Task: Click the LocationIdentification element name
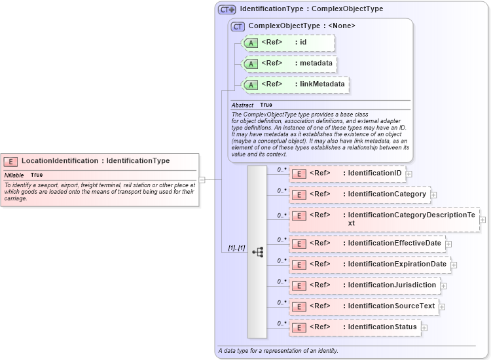coord(60,160)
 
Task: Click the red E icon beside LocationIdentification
coord(10,161)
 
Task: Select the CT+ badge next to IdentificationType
coord(227,9)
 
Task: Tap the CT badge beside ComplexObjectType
coord(238,26)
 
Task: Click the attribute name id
coord(303,42)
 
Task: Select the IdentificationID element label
coord(374,173)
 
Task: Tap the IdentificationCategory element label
coord(387,194)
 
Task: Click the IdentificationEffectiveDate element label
coord(394,243)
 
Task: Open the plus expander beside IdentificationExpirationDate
coord(454,265)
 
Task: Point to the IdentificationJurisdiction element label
coord(391,285)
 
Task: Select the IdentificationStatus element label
coord(382,327)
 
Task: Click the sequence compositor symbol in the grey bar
coord(257,251)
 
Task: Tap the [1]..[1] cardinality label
coord(236,247)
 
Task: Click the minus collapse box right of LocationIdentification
coord(202,179)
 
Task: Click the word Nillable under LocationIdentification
coord(14,175)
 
